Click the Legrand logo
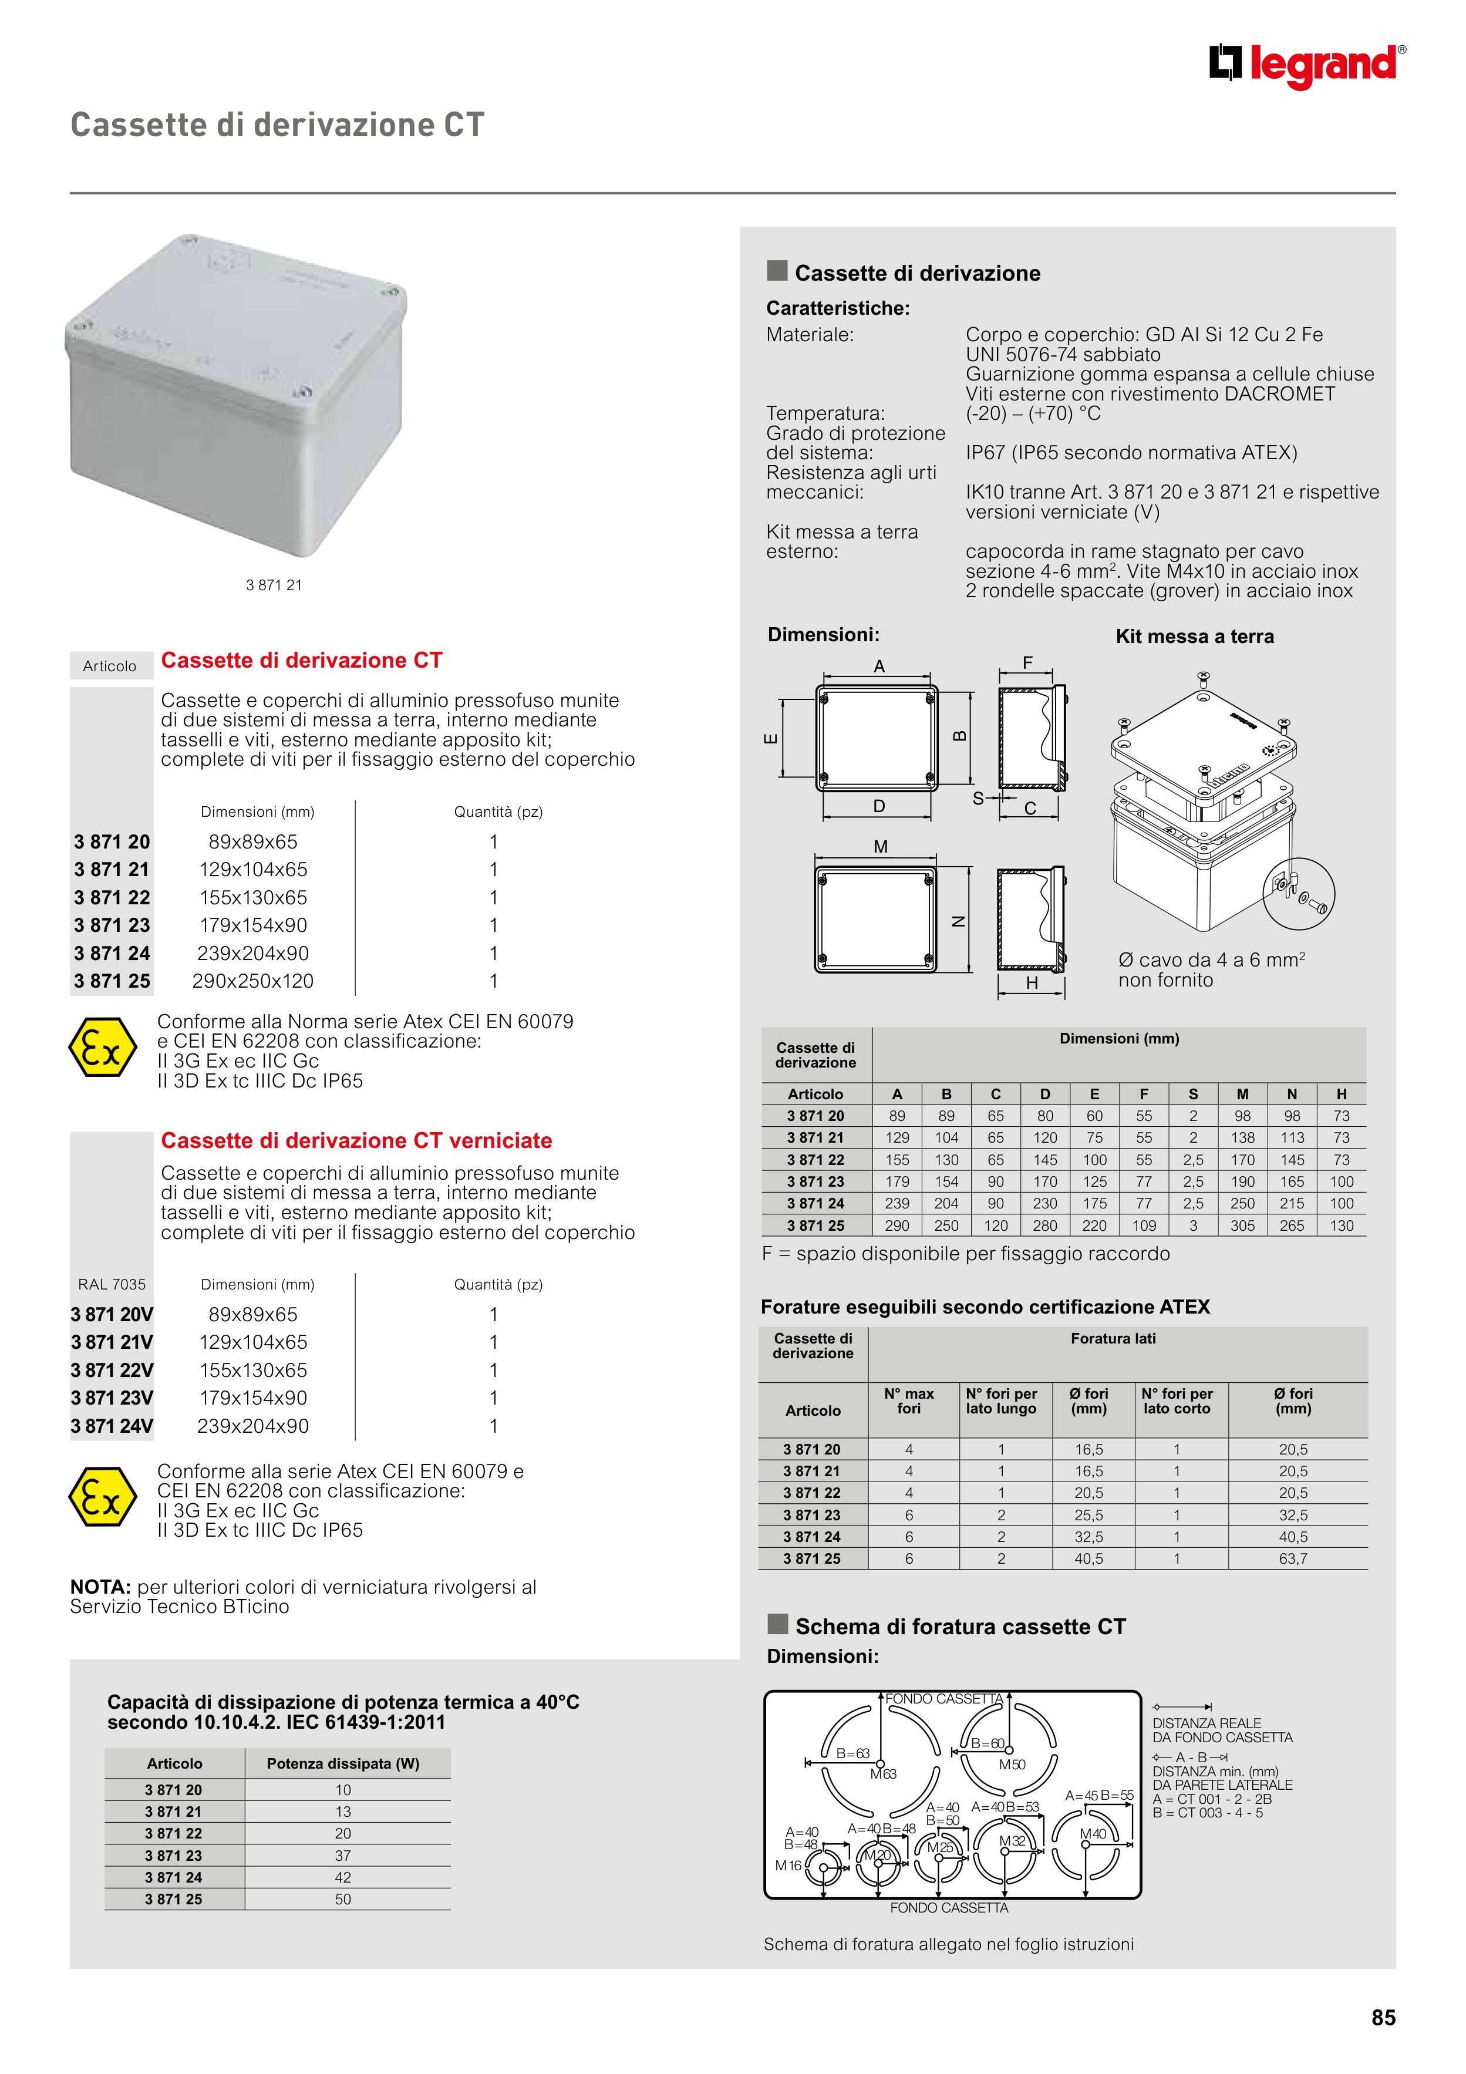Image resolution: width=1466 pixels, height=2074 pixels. tap(1307, 65)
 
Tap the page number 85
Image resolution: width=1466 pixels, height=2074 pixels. tap(1383, 2017)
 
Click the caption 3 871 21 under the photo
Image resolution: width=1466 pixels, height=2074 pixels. tap(274, 585)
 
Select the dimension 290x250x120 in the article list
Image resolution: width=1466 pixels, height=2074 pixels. tap(253, 981)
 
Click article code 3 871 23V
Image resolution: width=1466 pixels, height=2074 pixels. tap(112, 1398)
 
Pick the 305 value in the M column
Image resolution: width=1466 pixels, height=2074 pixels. tap(1242, 1226)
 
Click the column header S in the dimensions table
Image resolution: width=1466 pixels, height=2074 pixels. tap(1192, 1094)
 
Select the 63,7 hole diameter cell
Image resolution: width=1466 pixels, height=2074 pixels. tap(1293, 1558)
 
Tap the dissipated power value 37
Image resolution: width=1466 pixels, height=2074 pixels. tap(343, 1856)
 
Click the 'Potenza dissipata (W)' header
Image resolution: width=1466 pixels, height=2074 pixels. tap(343, 1763)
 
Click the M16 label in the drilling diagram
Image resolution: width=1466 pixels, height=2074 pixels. tap(788, 1866)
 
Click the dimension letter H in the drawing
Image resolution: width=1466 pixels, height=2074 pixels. tap(1032, 984)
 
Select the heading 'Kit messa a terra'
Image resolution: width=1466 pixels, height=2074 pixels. tap(1194, 637)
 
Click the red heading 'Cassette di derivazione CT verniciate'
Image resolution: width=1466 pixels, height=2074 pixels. tap(356, 1141)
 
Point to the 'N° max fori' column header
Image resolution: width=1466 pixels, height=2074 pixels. tap(909, 1401)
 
